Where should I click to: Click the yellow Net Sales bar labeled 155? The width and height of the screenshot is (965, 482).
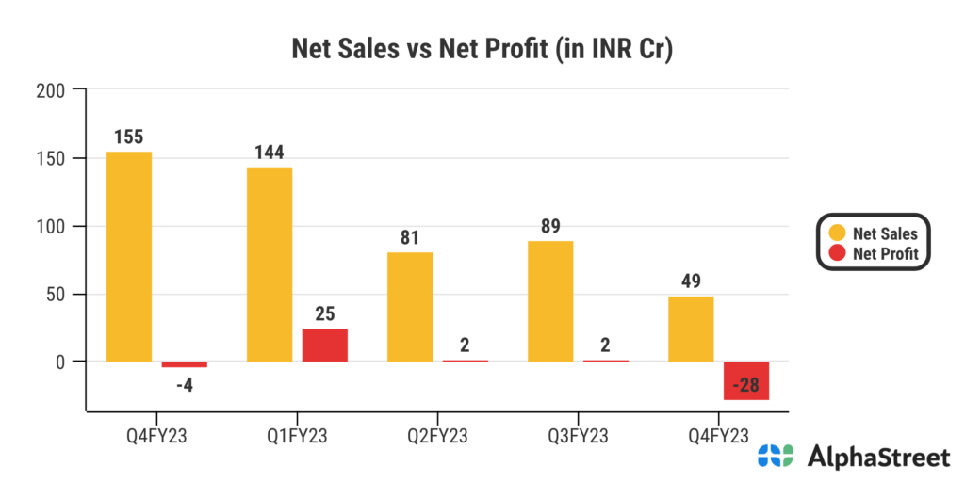pos(129,256)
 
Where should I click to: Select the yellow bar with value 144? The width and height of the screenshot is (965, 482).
pos(270,264)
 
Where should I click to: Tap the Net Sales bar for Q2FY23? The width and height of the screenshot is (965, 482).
pos(410,306)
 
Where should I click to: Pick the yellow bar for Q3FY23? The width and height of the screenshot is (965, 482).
pos(550,301)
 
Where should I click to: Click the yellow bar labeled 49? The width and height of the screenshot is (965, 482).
pos(691,329)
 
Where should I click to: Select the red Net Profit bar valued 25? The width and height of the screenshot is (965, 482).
pos(325,345)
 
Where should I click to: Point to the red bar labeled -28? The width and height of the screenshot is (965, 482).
pos(746,380)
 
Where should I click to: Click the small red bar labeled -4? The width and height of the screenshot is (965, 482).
pos(185,364)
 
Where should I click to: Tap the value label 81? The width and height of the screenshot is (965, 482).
pos(409,237)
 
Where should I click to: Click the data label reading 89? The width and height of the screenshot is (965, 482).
pos(550,226)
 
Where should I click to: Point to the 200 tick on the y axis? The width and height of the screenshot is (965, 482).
pos(49,90)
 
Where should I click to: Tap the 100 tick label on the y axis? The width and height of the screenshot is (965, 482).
pos(49,226)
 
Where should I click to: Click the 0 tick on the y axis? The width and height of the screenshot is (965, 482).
pos(59,361)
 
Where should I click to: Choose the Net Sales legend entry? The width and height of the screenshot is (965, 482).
pos(873,233)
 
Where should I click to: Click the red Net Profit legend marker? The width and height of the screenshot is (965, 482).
pos(835,252)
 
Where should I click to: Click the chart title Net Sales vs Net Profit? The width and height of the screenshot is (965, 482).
pos(482,49)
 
